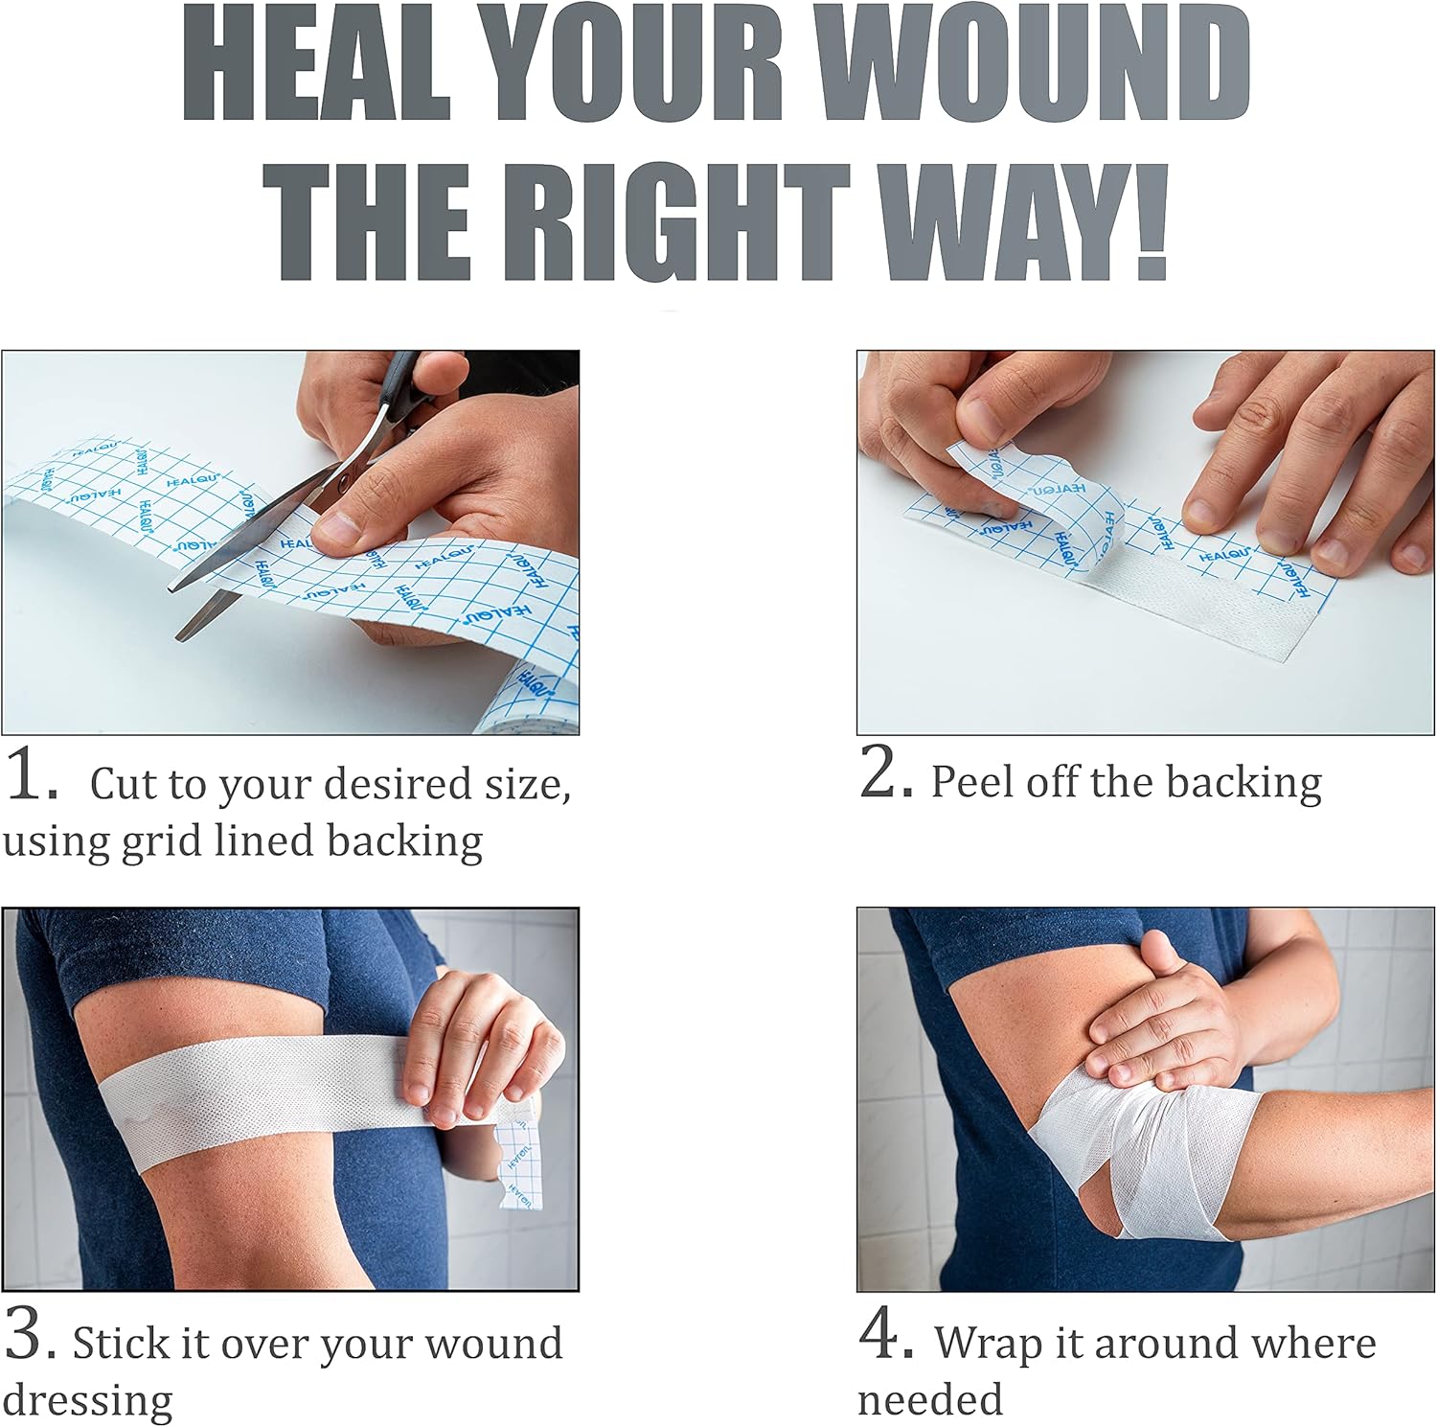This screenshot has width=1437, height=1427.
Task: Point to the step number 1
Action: pyautogui.click(x=31, y=774)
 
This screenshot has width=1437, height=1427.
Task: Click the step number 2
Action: pyautogui.click(x=886, y=771)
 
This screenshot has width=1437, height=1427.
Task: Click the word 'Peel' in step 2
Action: pyautogui.click(x=972, y=782)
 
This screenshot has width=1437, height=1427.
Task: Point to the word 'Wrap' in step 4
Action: pyautogui.click(x=989, y=1344)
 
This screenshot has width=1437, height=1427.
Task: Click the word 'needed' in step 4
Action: pyautogui.click(x=930, y=1400)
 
